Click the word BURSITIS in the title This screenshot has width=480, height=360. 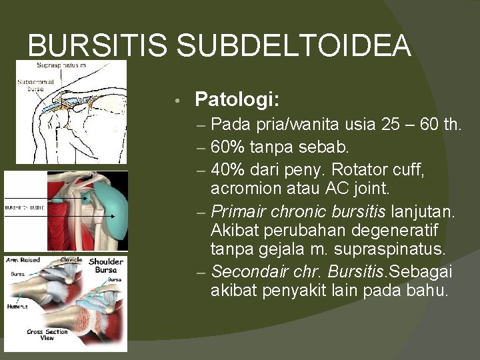[98, 46]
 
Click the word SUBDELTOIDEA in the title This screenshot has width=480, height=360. [294, 46]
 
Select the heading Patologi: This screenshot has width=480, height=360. [237, 100]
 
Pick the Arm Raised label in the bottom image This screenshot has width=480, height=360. [23, 260]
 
